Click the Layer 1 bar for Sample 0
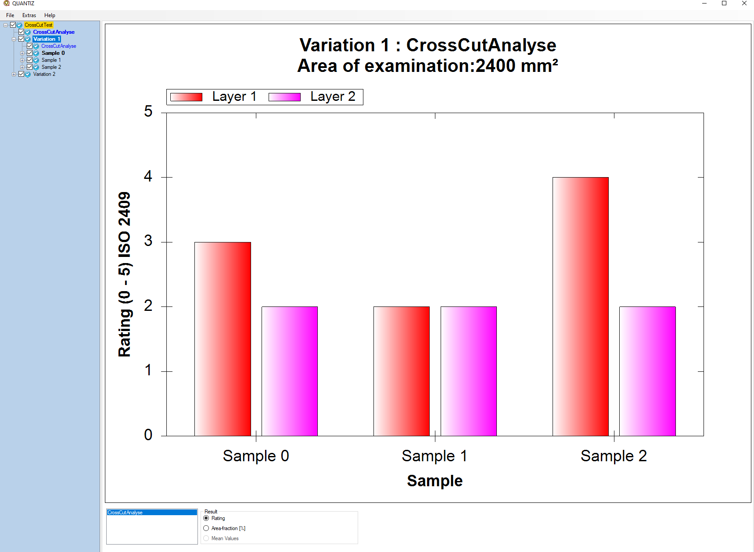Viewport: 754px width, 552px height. tap(223, 338)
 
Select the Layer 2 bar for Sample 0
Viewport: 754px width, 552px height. tap(289, 371)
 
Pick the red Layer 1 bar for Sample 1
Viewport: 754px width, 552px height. tap(401, 371)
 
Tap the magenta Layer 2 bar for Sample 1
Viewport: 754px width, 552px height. tap(468, 371)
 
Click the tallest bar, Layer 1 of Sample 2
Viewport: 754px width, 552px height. tap(580, 306)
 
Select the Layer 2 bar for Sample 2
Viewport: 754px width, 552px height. tap(647, 371)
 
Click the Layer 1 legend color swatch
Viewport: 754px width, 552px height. tap(186, 97)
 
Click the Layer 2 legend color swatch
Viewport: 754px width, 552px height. tap(284, 97)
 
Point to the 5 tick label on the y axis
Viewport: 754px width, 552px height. tap(148, 111)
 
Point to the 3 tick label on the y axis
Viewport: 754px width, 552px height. tap(148, 241)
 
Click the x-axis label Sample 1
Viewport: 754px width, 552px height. tap(434, 456)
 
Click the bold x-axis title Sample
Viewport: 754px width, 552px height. tap(434, 481)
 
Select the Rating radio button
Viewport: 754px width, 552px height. tap(206, 518)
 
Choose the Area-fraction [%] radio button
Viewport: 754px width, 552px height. tap(206, 528)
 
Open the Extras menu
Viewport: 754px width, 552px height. tap(29, 15)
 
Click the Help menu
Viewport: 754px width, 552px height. tap(50, 15)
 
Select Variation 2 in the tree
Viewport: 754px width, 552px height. tap(44, 74)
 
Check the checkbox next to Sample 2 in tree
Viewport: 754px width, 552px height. tap(29, 67)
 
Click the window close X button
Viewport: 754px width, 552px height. tap(744, 4)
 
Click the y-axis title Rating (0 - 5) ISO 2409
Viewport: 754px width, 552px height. tap(125, 274)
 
